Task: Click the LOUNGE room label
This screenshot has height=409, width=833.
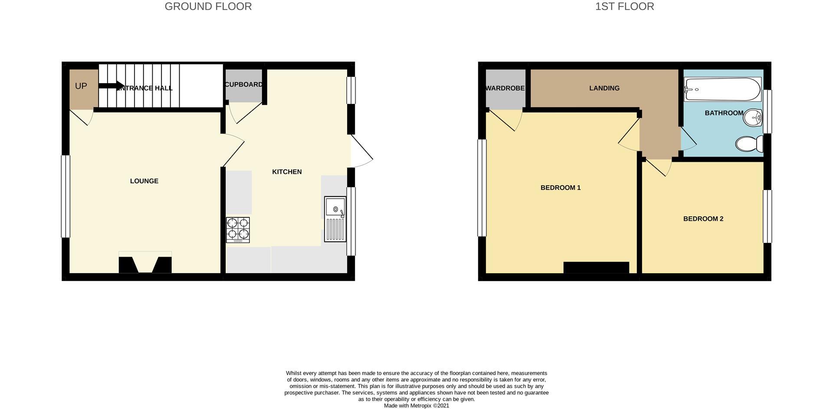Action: (x=144, y=181)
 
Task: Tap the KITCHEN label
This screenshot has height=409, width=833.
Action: (x=287, y=172)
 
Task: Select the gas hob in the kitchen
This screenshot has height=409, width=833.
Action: (x=238, y=229)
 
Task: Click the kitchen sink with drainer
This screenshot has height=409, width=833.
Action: (x=335, y=219)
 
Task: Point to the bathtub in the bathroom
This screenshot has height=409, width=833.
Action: (x=722, y=89)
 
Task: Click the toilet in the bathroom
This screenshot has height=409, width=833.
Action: (x=749, y=144)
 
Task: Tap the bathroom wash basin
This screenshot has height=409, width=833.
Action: (x=753, y=117)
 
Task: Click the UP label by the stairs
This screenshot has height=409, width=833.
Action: (x=81, y=86)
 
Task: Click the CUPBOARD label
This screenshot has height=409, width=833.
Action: (x=244, y=85)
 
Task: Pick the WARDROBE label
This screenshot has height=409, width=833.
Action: (x=505, y=88)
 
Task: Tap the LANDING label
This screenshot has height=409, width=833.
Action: (x=604, y=88)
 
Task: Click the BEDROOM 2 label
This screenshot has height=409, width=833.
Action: (x=703, y=219)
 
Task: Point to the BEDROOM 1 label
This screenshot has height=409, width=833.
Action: (x=561, y=187)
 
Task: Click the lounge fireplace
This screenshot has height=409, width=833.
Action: (x=145, y=264)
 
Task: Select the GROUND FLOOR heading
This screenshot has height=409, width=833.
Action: (x=208, y=7)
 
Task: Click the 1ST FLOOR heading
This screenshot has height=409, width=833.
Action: (x=624, y=7)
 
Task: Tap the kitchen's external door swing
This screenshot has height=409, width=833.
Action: (x=361, y=151)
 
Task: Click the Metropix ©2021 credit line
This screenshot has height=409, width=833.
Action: (x=416, y=406)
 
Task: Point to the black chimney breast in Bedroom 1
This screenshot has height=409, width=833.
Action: (x=596, y=267)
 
